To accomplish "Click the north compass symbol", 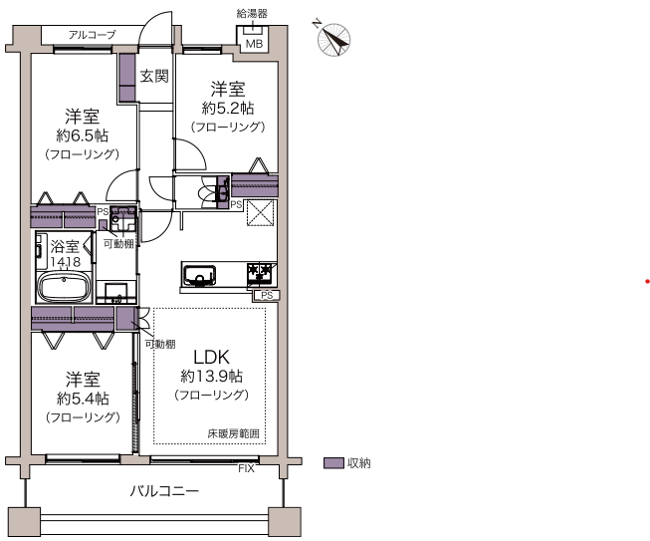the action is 332,39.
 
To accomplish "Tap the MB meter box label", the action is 254,44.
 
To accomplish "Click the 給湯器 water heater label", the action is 252,13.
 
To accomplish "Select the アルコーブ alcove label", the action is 92,35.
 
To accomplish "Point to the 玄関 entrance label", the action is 154,77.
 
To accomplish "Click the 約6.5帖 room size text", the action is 82,135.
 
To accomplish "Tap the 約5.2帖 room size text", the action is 228,109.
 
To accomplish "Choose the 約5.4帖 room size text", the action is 83,399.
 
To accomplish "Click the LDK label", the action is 211,358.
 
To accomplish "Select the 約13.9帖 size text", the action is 211,376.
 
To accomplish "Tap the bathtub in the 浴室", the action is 64,287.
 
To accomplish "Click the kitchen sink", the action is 200,275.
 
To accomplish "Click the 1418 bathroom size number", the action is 66,262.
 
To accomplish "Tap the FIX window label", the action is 246,469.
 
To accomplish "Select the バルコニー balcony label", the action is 164,491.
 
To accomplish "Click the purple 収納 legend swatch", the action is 333,463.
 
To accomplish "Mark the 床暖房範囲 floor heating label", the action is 233,434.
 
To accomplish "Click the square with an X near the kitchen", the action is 261,213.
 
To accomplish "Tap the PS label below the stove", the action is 267,295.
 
